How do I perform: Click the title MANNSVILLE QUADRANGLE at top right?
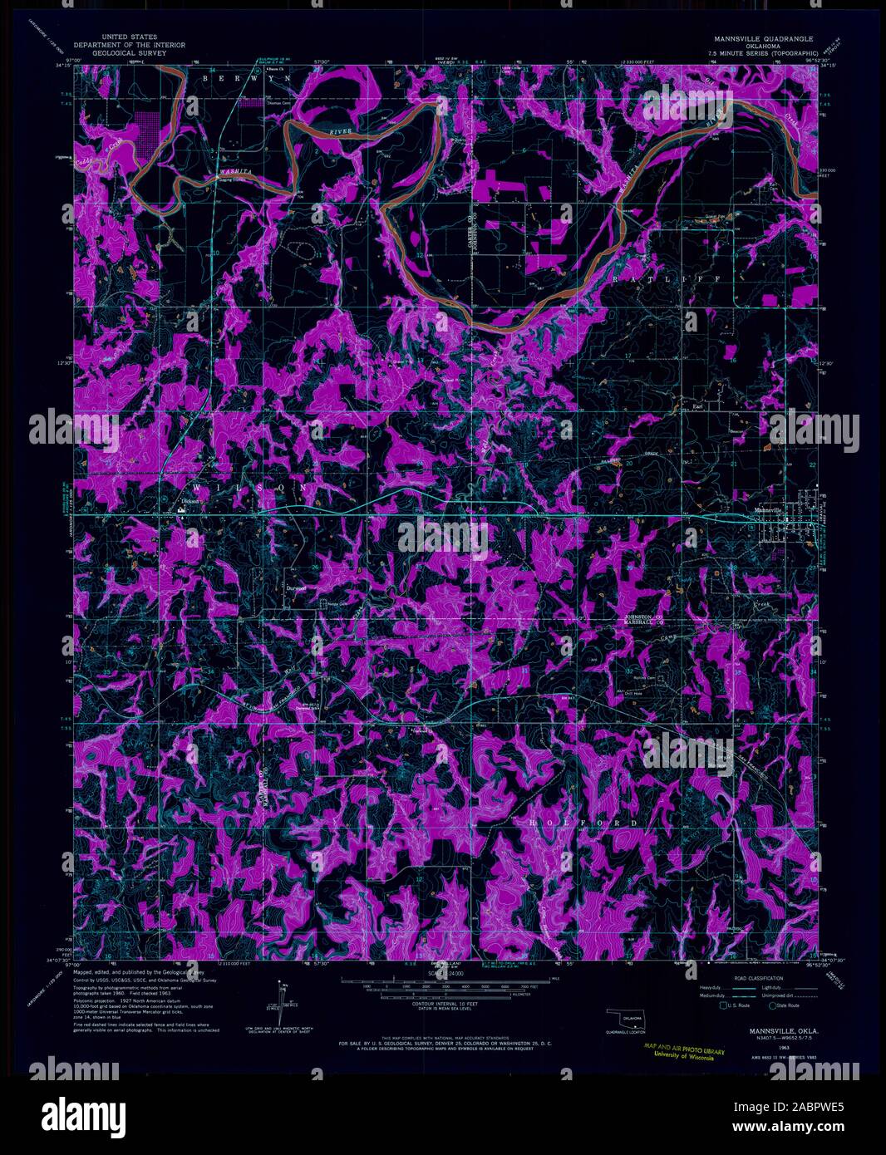click(761, 39)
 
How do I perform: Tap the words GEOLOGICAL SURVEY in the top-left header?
click(129, 52)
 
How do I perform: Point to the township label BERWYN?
click(246, 77)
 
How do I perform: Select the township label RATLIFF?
click(667, 280)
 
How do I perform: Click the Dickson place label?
click(192, 502)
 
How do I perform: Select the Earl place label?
click(698, 406)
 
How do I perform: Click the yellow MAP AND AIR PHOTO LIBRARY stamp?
click(683, 1053)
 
